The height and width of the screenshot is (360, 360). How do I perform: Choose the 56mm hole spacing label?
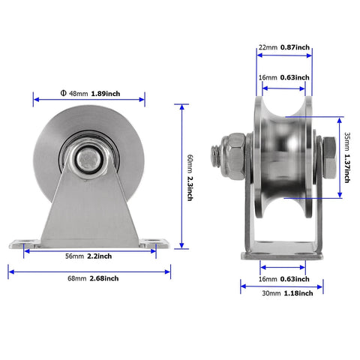coord(73,256)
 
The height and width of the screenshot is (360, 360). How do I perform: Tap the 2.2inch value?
coord(100,256)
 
